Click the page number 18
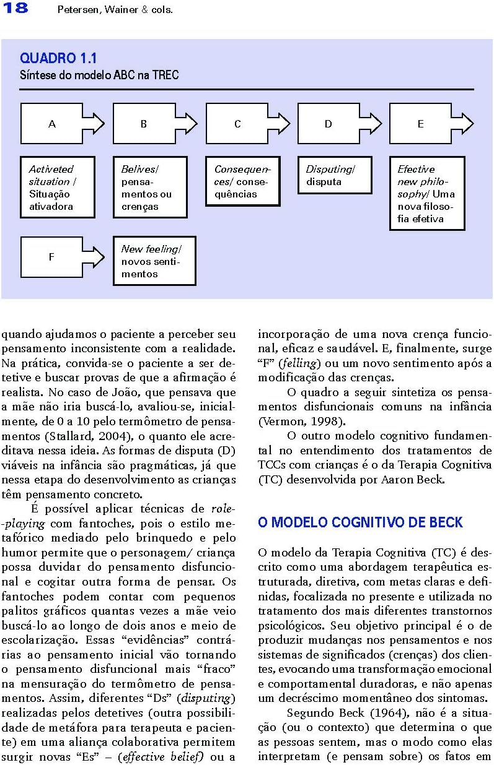[x=14, y=9]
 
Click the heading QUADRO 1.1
[x=58, y=59]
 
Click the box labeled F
[x=51, y=257]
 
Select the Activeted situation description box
[x=58, y=188]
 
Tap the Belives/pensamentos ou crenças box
[x=150, y=188]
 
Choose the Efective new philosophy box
[x=427, y=194]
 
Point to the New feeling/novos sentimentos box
[x=154, y=261]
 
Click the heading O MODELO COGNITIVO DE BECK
[x=360, y=523]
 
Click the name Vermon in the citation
[x=280, y=422]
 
